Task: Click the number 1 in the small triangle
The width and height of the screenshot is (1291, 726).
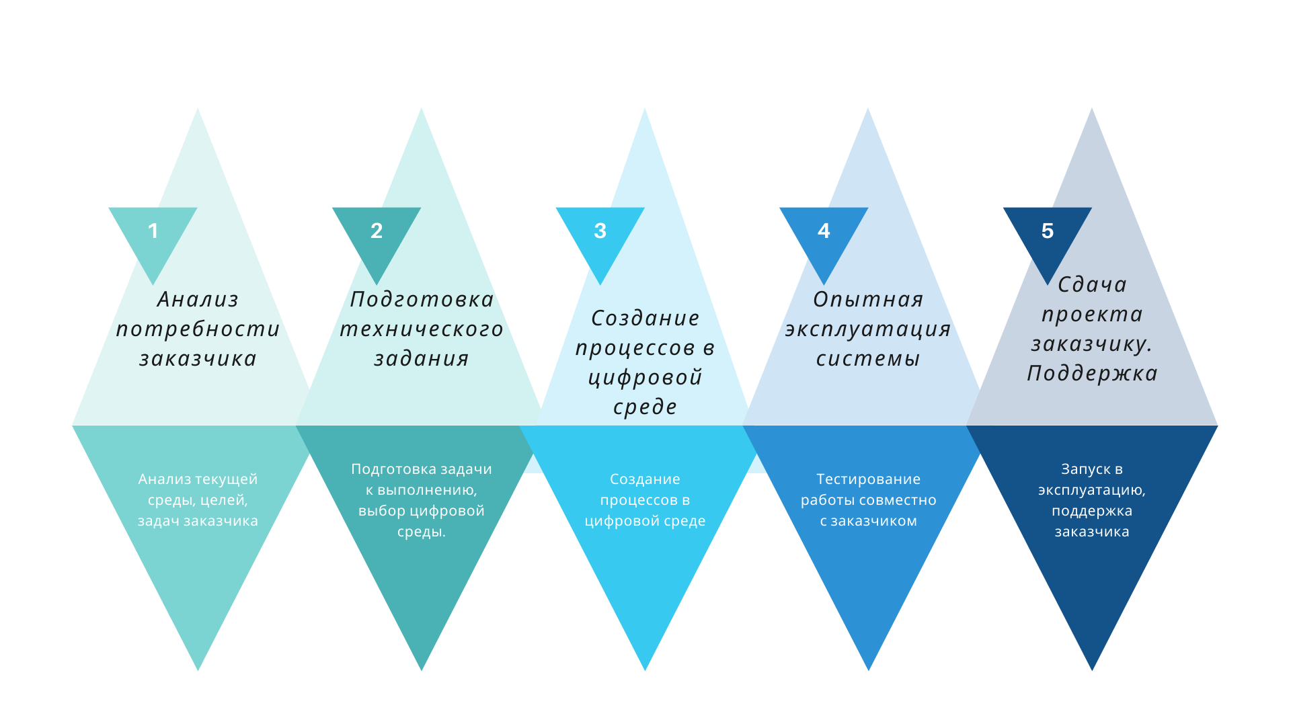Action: [153, 231]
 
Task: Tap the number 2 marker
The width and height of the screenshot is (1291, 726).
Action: [377, 231]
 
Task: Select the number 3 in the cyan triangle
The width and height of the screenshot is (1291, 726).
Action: [600, 231]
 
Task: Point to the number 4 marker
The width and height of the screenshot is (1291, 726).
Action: [824, 231]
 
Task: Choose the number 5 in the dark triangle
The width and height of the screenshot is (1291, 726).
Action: [1048, 231]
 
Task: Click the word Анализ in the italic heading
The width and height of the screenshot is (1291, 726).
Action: [198, 300]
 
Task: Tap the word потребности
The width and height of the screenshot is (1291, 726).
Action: [198, 329]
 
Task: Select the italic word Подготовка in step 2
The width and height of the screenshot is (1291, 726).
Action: [422, 300]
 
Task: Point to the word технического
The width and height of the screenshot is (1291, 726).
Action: [422, 329]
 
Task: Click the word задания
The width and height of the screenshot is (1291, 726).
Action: [422, 359]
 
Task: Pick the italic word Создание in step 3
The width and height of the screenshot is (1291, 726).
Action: [645, 319]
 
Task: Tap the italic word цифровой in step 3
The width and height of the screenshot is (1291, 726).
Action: [645, 378]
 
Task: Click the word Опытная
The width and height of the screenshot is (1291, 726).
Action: [868, 300]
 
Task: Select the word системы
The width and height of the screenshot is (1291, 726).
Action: [868, 359]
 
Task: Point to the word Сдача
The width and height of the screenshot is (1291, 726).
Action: [1092, 285]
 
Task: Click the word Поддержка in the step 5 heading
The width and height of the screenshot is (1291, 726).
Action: [1092, 374]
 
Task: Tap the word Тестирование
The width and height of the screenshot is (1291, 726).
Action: [868, 479]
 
